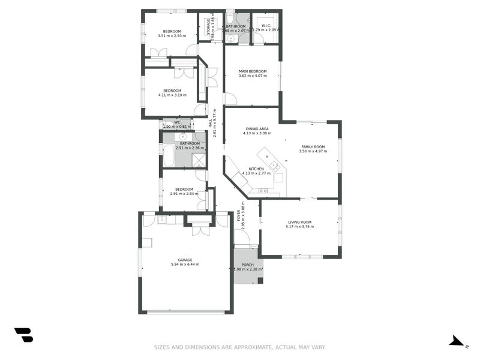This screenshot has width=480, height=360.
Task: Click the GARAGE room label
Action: (185, 260)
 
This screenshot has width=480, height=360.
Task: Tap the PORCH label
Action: (247, 265)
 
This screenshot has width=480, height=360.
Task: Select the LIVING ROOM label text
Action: (299, 222)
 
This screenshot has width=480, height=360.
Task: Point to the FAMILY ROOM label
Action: (313, 147)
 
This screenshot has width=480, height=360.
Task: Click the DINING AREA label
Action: (257, 128)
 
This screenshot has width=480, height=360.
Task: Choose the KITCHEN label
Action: (257, 169)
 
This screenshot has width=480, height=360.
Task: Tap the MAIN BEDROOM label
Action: (252, 71)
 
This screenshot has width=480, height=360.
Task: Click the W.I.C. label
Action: (266, 25)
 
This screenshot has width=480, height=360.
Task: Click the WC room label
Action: (177, 122)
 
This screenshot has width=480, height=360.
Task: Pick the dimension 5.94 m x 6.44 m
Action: (185, 265)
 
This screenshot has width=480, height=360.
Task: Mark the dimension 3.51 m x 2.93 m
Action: (172, 36)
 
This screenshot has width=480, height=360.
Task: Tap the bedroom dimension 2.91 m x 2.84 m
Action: (184, 194)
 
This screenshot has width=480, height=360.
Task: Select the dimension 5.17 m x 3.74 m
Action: (299, 227)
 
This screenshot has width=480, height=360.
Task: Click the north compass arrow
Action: (457, 341)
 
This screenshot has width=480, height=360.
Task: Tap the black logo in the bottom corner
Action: (23, 335)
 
